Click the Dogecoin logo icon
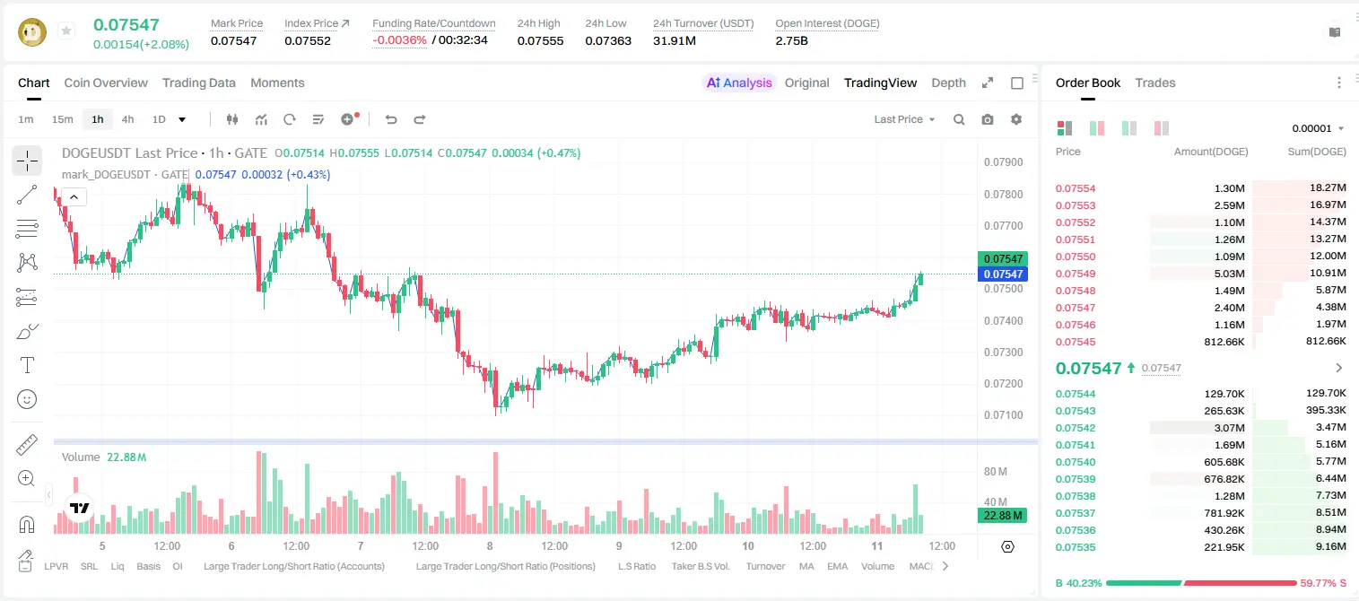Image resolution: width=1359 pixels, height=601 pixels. tap(32, 32)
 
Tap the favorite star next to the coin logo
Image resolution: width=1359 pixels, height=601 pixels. tap(66, 30)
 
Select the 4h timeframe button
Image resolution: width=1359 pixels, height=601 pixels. tap(127, 119)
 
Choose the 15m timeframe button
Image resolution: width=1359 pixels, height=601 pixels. tap(63, 119)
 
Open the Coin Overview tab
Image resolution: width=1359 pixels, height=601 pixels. tap(106, 83)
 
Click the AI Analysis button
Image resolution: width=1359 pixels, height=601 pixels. tap(739, 83)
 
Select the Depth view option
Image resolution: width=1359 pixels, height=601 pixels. tap(948, 83)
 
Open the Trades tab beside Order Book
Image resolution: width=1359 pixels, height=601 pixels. tap(1155, 83)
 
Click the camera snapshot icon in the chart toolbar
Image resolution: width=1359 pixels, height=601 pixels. tap(988, 119)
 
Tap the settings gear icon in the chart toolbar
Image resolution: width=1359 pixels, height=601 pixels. tap(1016, 119)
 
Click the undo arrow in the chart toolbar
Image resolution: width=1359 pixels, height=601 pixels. tap(391, 119)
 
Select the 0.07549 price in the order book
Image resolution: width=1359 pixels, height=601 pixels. tap(1075, 274)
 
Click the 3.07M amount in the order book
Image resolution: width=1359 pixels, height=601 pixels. tap(1229, 428)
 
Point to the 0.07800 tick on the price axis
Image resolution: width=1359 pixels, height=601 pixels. tap(1004, 194)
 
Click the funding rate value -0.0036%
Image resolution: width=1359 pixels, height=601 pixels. tap(399, 40)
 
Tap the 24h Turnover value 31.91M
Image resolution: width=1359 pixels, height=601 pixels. tap(674, 40)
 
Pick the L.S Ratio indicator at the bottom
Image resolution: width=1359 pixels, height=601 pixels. tap(636, 566)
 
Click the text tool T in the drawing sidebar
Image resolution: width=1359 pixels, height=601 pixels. tap(27, 366)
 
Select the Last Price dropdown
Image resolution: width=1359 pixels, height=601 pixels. tap(904, 119)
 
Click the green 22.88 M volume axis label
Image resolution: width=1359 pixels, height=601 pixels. tap(1002, 516)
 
